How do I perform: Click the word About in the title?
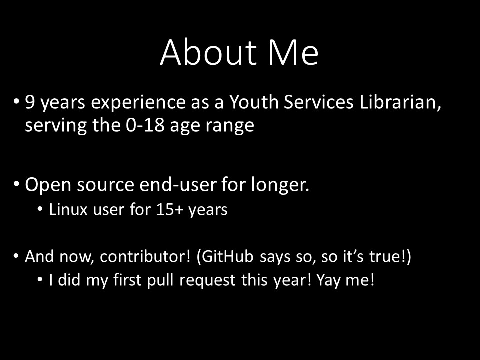[x=208, y=52]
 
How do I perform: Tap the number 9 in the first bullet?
[x=30, y=102]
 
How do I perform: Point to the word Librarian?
[x=400, y=102]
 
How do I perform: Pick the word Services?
[x=319, y=101]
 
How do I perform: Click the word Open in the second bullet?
[x=48, y=185]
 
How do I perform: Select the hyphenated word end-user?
[x=178, y=185]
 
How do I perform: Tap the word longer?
[x=280, y=185]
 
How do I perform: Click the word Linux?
[x=68, y=209]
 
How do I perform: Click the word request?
[x=207, y=281]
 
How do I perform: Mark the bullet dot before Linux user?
[x=40, y=209]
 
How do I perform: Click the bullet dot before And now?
[x=16, y=256]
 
